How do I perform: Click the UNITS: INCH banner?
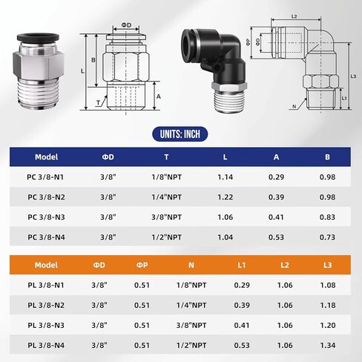pos(180,134)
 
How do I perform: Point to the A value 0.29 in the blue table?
pos(275,178)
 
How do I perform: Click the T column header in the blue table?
pos(166,157)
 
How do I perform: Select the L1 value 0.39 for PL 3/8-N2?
pos(242,305)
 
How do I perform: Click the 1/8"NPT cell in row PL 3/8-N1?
pos(190,285)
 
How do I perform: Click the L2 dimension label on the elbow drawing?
pos(294,16)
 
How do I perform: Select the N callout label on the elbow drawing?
pos(295,105)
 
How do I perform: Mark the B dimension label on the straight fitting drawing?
pos(92,60)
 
